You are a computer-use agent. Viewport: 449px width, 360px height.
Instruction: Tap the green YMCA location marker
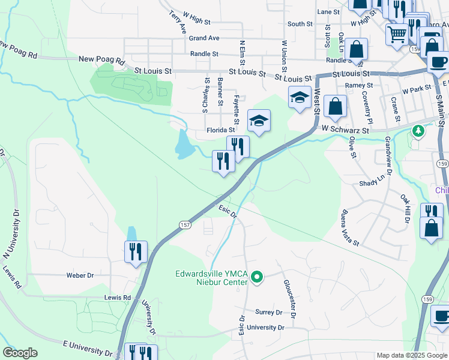pos(257,277)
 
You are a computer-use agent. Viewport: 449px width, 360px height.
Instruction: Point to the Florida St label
pos(220,130)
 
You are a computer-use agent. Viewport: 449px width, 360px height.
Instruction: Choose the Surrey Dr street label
pos(268,313)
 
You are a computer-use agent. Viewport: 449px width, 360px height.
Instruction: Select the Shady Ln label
pos(371,183)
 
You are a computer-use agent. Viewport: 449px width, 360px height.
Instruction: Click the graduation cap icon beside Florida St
pos(259,120)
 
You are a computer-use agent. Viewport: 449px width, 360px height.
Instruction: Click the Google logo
pos(20,353)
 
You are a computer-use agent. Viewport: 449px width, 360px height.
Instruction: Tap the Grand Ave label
pos(204,38)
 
